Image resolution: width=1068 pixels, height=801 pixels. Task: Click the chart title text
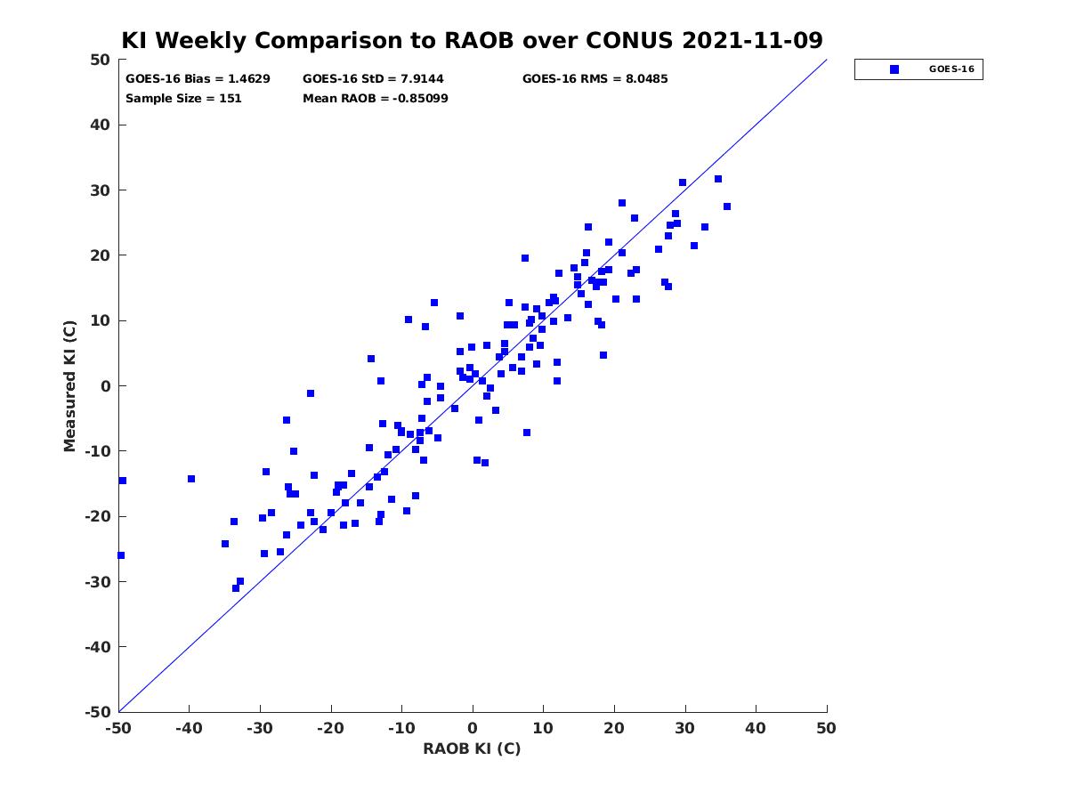pos(472,40)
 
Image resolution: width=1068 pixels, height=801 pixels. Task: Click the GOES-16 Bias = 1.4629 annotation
pos(198,79)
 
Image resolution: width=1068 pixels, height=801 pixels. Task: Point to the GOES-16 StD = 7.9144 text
pos(373,79)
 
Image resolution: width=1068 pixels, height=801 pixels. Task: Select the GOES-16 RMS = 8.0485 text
pos(595,79)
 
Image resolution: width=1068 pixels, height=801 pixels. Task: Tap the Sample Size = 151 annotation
pos(183,99)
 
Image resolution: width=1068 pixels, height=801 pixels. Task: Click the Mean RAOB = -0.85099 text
pos(376,99)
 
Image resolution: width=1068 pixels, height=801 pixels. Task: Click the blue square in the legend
pos(894,69)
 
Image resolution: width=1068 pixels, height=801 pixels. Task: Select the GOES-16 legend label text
pos(951,69)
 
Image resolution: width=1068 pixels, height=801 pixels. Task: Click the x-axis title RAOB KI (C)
pos(472,748)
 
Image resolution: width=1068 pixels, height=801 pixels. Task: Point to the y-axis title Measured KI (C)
pos(69,385)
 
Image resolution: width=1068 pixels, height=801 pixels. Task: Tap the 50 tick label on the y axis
pos(101,60)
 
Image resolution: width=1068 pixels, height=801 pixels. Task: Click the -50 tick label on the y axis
pos(97,712)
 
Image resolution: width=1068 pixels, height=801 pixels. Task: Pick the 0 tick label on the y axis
pos(106,386)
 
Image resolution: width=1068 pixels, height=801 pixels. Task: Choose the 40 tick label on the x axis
pos(755,728)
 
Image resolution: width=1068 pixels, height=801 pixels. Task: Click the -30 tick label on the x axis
pos(259,728)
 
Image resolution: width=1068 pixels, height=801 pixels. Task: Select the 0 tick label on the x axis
pos(473,728)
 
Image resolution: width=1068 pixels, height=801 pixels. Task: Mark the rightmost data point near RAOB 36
pos(726,206)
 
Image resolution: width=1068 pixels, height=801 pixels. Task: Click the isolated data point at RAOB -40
pos(191,479)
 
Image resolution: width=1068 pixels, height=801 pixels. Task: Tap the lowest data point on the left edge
pos(121,555)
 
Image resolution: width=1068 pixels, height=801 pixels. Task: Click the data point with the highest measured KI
pos(717,179)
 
